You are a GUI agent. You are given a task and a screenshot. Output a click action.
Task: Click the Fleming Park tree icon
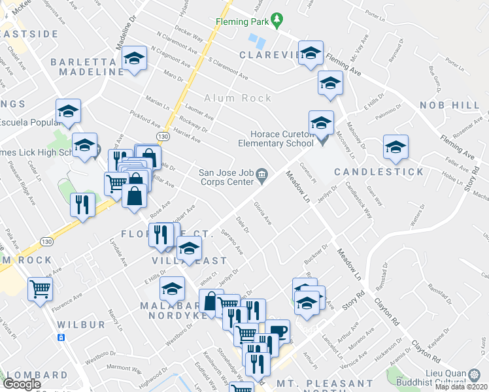point(278,21)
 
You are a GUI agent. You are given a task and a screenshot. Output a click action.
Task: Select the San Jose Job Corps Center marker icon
point(262,174)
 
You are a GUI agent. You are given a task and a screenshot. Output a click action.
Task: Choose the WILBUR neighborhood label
point(80,324)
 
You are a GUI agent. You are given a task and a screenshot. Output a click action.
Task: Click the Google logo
point(22,384)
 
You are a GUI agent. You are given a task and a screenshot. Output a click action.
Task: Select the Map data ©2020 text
point(461,387)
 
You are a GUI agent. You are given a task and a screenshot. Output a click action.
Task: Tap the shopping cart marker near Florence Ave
point(41,288)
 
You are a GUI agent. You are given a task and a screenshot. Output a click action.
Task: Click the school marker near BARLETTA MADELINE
point(134,59)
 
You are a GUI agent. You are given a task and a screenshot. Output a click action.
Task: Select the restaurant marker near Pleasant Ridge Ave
point(83,204)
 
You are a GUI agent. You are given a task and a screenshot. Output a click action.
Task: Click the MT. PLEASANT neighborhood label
point(324,384)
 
